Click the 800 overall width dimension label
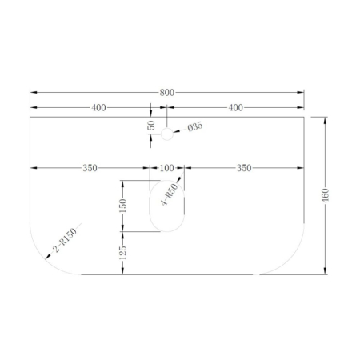click(167, 93)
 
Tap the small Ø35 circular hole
click(167, 135)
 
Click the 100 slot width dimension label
click(166, 168)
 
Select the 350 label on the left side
click(90, 168)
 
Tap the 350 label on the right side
click(244, 168)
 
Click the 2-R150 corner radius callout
click(64, 242)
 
